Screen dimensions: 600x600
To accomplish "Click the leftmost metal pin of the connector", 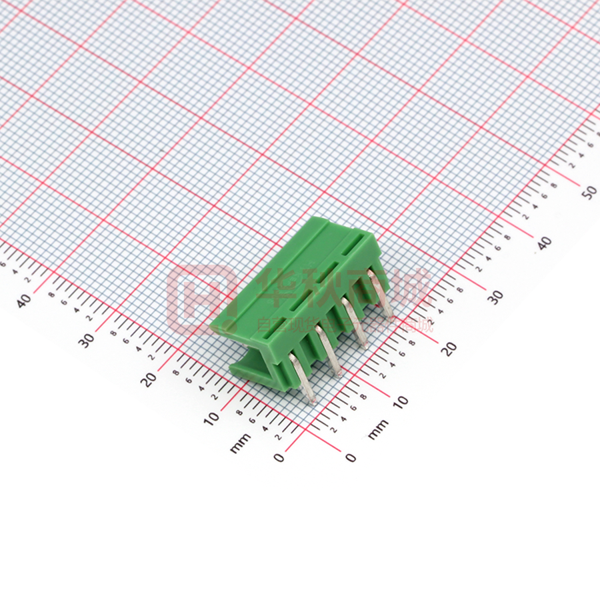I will point(303,380).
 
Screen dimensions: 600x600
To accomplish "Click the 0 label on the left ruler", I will point(279,457).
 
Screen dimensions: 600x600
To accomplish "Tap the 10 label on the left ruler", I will point(212,418).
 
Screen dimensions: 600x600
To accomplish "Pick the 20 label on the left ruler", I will point(149,379).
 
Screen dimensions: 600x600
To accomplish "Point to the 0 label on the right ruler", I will point(351,457).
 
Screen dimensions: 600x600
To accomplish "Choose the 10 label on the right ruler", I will point(401,401).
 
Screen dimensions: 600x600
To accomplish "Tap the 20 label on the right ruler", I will point(451,347).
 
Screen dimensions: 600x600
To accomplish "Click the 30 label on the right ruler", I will point(495,296).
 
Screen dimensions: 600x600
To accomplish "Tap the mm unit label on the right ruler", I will point(378,430).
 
